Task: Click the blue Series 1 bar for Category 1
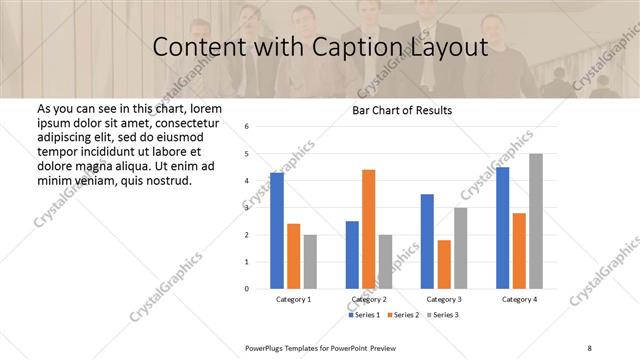point(277,230)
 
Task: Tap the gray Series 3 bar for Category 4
point(536,221)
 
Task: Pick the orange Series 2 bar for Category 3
point(444,264)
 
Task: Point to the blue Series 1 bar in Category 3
point(427,241)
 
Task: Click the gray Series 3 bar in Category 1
point(310,261)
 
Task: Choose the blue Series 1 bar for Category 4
point(502,228)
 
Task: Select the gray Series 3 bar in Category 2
point(386,261)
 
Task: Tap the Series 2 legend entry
point(403,315)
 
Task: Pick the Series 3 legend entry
point(441,315)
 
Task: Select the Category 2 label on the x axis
point(369,300)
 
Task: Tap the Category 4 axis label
point(519,300)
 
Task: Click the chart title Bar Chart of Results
point(402,110)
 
